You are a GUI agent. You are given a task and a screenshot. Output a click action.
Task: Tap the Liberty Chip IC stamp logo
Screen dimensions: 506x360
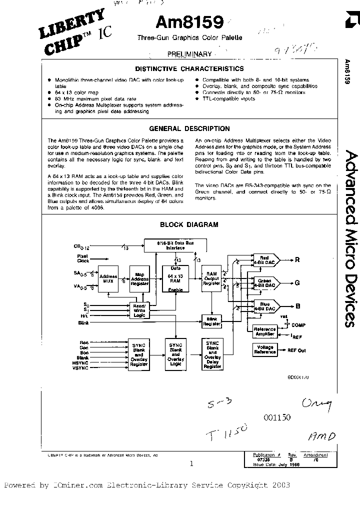(x=75, y=32)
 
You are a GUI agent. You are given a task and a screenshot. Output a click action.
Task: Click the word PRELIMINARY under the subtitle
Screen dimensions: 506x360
(x=189, y=54)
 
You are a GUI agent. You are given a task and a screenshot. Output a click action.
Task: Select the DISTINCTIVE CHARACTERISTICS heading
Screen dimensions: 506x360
(x=189, y=68)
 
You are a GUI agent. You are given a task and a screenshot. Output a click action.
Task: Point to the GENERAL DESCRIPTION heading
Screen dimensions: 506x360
(x=189, y=128)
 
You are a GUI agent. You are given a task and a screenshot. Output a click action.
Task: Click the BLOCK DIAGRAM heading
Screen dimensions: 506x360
(x=189, y=225)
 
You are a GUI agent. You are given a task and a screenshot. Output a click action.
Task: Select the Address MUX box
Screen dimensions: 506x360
(x=108, y=279)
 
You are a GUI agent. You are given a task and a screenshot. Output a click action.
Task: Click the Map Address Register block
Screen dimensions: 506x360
(x=139, y=279)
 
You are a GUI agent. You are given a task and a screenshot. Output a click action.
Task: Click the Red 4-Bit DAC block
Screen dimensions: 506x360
(x=264, y=259)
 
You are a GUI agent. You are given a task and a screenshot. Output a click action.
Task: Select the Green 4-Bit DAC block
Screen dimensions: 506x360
(x=264, y=283)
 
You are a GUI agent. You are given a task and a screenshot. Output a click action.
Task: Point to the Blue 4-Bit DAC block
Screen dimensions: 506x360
(x=264, y=306)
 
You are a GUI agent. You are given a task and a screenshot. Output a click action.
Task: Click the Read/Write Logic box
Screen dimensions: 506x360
(x=139, y=310)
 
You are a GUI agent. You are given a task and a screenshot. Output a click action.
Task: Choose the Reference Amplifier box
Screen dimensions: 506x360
(x=264, y=330)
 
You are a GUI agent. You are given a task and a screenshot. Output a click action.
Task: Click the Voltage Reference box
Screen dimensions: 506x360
(x=264, y=349)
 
